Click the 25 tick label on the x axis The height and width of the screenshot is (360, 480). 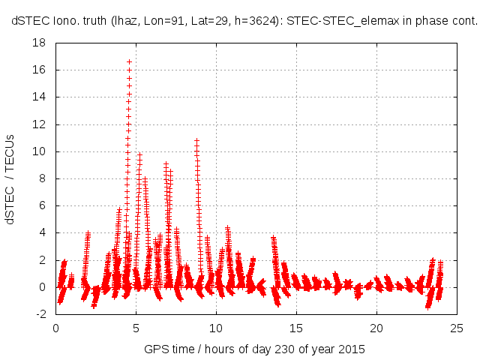pyautogui.click(x=457, y=328)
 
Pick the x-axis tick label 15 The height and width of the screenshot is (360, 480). pyautogui.click(x=296, y=328)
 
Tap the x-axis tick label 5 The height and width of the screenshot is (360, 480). pyautogui.click(x=136, y=328)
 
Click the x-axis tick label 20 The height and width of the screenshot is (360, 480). pyautogui.click(x=376, y=328)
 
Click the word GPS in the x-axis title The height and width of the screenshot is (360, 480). pyautogui.click(x=155, y=349)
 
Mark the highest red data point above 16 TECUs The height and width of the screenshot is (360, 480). pyautogui.click(x=129, y=61)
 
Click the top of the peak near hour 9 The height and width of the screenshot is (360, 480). pyautogui.click(x=196, y=140)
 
